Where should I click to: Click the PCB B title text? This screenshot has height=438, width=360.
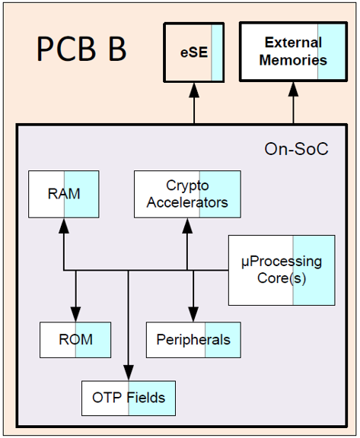81,49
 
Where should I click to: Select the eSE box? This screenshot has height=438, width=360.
193,52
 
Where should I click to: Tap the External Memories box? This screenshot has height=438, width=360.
293,52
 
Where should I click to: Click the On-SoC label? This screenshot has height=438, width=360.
296,149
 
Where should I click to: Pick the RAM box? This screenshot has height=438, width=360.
64,194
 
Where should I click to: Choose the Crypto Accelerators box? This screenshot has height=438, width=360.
187,194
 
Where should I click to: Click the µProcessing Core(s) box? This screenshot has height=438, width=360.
282,270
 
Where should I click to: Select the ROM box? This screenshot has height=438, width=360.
75,340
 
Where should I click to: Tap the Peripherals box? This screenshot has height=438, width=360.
193,340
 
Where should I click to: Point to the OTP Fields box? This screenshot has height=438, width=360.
129,398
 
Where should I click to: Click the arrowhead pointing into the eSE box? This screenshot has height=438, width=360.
194,90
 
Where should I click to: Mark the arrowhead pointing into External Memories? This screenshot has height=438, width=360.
293,89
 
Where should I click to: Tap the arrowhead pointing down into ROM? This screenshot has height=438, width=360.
75,314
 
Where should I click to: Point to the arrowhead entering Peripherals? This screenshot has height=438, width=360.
193,314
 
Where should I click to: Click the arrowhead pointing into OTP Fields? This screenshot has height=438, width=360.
129,373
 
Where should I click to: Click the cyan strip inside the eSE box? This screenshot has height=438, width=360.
217,52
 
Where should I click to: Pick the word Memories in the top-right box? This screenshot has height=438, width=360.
293,60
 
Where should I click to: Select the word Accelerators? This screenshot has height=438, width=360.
187,202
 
